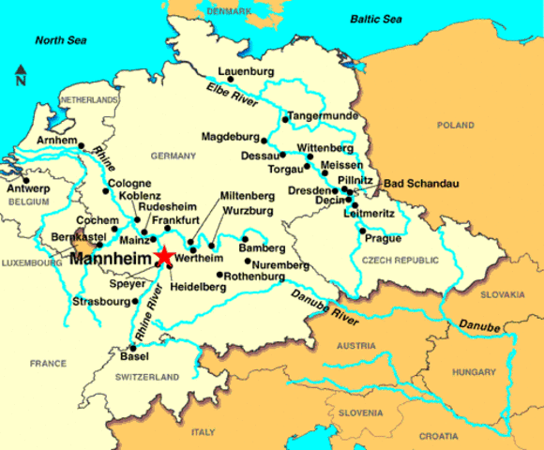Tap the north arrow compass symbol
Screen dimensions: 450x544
click(x=20, y=74)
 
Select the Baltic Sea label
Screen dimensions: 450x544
click(x=382, y=18)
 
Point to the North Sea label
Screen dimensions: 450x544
click(x=60, y=40)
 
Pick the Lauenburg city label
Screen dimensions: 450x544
click(x=244, y=70)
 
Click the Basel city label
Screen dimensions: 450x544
click(x=134, y=357)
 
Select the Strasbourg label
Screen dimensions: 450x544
click(x=99, y=302)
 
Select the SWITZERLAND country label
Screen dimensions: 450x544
click(x=147, y=377)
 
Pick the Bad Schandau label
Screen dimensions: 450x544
click(x=416, y=183)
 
